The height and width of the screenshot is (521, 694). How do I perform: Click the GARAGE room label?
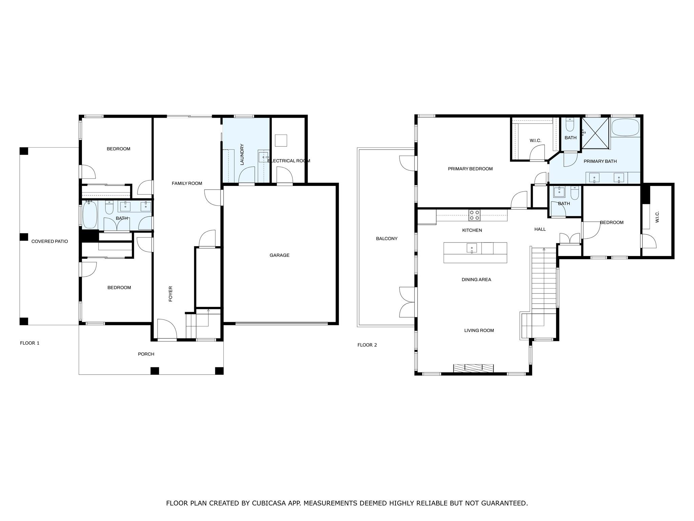click(279, 255)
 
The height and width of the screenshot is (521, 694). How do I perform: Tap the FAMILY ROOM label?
click(187, 184)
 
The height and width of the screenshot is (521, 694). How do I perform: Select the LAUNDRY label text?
click(242, 155)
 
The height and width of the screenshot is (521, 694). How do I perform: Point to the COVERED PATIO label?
click(49, 242)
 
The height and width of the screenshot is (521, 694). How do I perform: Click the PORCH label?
click(146, 354)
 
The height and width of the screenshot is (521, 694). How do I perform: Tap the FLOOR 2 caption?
click(367, 345)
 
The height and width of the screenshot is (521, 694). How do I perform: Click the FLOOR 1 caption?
click(29, 343)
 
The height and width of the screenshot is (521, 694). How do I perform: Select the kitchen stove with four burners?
click(474, 215)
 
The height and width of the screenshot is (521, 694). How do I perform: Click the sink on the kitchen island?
click(471, 248)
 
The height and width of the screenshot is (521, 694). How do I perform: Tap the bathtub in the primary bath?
click(625, 127)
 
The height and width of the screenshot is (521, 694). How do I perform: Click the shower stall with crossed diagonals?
click(595, 133)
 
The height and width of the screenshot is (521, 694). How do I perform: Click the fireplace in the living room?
click(473, 368)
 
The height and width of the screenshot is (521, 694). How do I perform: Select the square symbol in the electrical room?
click(281, 140)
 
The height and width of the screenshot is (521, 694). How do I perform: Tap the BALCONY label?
click(387, 239)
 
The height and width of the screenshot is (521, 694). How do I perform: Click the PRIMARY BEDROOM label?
click(470, 169)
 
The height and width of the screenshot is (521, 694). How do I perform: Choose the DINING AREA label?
click(476, 280)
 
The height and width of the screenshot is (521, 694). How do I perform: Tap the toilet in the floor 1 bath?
click(109, 208)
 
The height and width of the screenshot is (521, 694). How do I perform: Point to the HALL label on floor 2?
click(540, 229)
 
